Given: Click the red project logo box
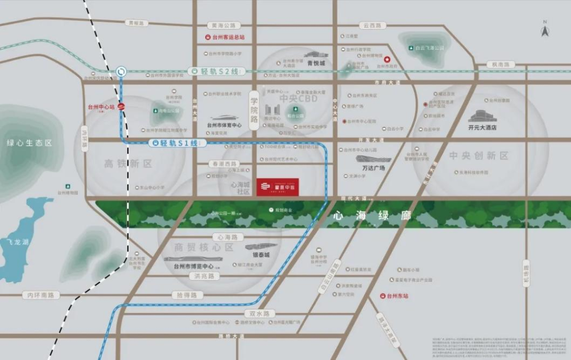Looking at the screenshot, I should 278,187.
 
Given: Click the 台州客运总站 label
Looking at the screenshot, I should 228,37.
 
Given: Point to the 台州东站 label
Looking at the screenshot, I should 397,296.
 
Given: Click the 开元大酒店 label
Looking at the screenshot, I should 482,127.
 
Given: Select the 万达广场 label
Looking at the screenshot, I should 373,168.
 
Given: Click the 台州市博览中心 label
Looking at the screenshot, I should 189,266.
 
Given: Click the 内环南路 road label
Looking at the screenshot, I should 41,295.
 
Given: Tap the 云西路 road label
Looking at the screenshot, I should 373,26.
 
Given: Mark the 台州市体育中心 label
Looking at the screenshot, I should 224,124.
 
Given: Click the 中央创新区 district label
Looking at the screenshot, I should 471,155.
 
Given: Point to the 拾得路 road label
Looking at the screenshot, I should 186,295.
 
